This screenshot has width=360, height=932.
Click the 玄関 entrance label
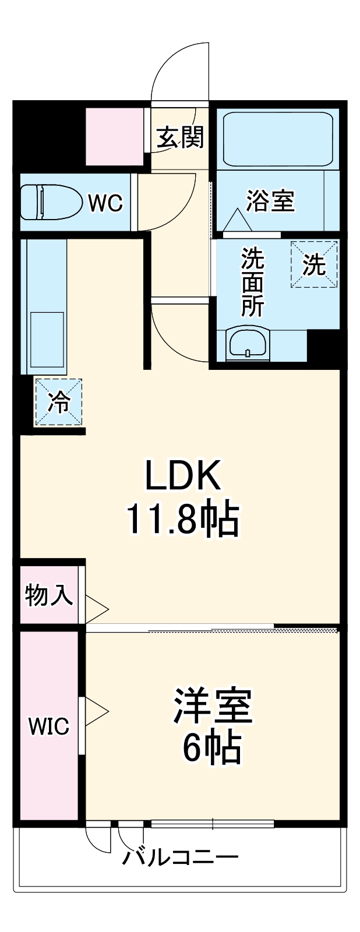[x=180, y=138]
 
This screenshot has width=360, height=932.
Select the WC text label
[x=105, y=203]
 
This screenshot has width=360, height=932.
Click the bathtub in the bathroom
[x=278, y=140]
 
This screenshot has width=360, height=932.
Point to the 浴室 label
[x=270, y=201]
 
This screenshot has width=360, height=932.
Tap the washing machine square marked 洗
[x=314, y=265]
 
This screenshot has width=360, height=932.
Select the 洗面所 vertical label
[x=253, y=281]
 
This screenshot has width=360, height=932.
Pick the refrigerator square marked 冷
[x=58, y=402]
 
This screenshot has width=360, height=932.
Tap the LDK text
[x=183, y=475]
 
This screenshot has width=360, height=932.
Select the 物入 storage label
[x=49, y=595]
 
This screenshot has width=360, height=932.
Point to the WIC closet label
[x=49, y=726]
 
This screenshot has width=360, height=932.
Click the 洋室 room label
[x=212, y=706]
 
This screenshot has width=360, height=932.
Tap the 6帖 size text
[x=212, y=749]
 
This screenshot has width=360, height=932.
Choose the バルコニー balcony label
[x=180, y=857]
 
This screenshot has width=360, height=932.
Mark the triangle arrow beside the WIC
[x=97, y=711]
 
